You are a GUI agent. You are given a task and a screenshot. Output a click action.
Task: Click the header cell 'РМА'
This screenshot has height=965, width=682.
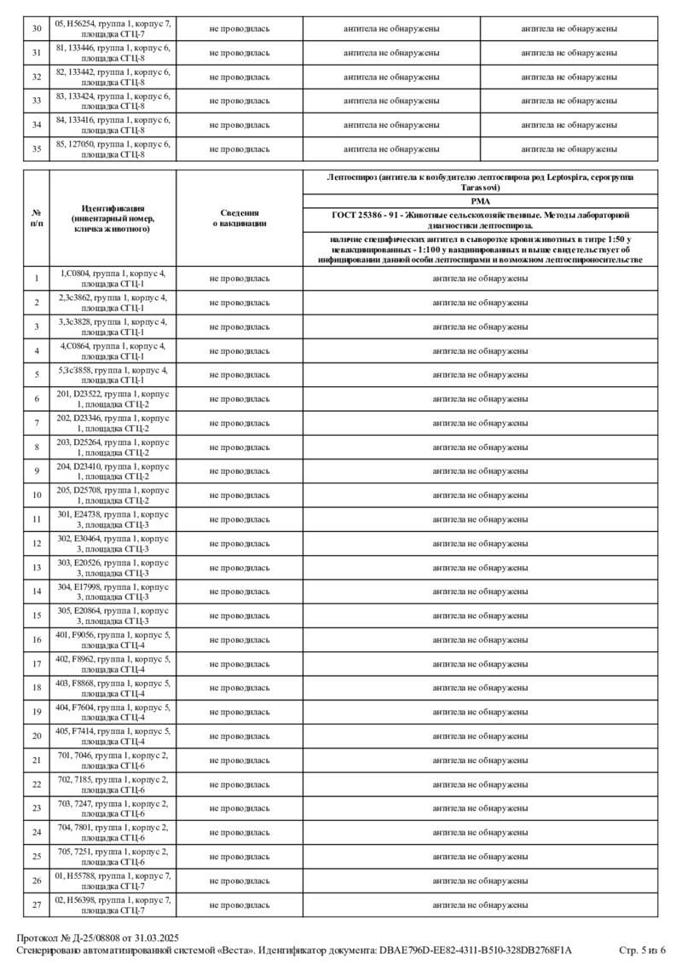click(x=480, y=200)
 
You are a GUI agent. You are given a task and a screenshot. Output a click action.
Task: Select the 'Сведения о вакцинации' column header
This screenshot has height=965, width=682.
click(x=240, y=218)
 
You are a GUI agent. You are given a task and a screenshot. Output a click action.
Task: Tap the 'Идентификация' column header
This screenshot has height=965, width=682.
click(x=113, y=218)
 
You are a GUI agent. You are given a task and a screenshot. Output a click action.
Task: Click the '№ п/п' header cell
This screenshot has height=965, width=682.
click(x=37, y=218)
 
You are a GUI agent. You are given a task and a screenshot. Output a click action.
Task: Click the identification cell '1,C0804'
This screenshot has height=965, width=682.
click(x=113, y=279)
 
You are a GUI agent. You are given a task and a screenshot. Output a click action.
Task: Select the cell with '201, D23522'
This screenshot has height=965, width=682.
click(x=113, y=399)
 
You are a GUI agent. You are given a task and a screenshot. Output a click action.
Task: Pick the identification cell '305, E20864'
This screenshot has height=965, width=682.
click(x=113, y=615)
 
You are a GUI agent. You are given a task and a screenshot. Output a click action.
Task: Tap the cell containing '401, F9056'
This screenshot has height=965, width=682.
click(x=113, y=639)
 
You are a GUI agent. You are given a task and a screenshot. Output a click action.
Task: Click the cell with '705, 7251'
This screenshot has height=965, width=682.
click(x=113, y=856)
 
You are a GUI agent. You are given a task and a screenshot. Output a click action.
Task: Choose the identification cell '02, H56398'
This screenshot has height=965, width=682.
click(x=113, y=904)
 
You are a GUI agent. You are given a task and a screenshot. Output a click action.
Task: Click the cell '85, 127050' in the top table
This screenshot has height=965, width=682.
click(x=113, y=149)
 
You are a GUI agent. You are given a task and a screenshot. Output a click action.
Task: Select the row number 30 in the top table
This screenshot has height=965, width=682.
click(x=37, y=29)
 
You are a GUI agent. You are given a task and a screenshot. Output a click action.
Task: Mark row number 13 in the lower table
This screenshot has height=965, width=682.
click(x=37, y=568)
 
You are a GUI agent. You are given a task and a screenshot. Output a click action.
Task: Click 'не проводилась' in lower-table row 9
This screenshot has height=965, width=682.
click(x=240, y=471)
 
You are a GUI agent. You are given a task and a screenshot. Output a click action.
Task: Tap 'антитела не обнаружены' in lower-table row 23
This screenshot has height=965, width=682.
click(x=480, y=808)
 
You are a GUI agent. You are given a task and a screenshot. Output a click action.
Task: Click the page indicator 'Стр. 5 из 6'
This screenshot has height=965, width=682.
click(x=642, y=950)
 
